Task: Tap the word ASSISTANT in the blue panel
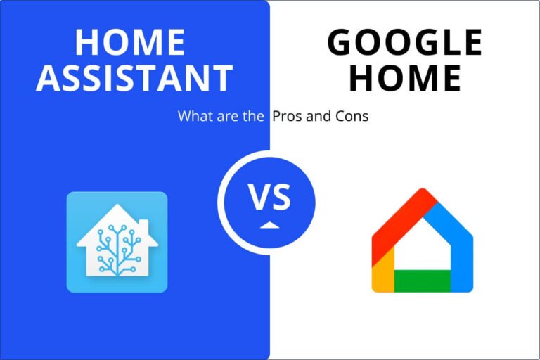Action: click(x=134, y=78)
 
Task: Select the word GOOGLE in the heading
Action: click(x=405, y=42)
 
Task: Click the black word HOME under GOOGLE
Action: click(x=406, y=78)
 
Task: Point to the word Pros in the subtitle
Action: click(x=287, y=116)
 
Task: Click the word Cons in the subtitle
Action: click(x=352, y=116)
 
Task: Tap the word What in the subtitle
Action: click(x=193, y=116)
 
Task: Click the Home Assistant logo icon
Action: click(x=117, y=241)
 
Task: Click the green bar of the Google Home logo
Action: click(x=422, y=281)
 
